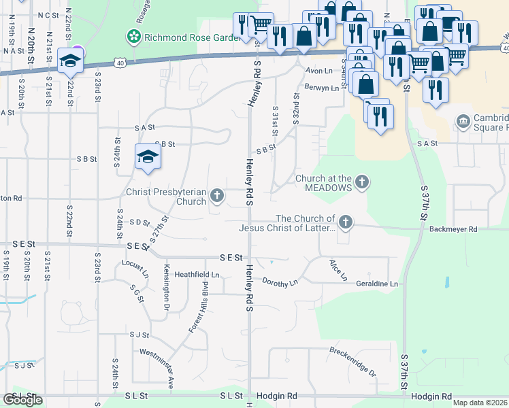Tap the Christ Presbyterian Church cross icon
coord(217,197)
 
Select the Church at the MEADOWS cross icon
coord(363,182)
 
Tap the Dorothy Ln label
coord(280,282)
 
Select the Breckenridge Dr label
coord(352,362)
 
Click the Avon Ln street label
coord(318,71)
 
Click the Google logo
coord(22,400)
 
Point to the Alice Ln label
coord(338,270)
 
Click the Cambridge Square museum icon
coord(463,122)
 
